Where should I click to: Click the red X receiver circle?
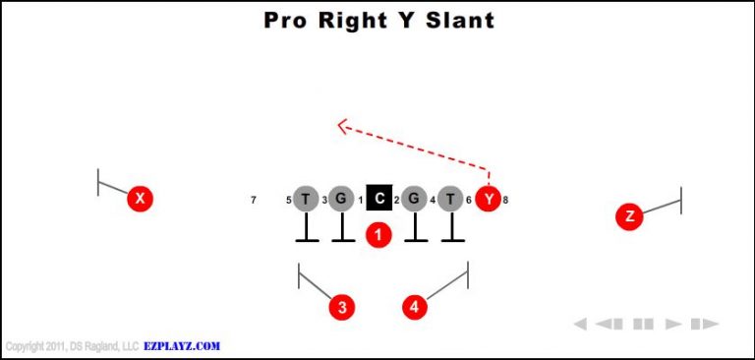tap(141, 199)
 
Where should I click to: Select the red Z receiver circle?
tap(629, 216)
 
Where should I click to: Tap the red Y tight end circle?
tap(489, 200)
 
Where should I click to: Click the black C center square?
tap(379, 199)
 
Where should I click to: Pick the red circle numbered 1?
tap(378, 234)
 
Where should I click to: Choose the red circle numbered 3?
tap(341, 307)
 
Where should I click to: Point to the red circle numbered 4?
tap(416, 307)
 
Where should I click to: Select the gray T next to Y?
tap(450, 200)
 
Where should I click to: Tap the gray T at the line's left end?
tap(306, 200)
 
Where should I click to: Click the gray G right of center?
tap(414, 200)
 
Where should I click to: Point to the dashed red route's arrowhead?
tap(342, 125)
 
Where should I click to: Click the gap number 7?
tap(254, 201)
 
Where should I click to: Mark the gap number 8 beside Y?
tap(505, 201)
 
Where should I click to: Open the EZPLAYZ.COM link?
tap(183, 346)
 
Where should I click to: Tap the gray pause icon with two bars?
tap(644, 324)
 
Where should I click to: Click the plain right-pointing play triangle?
tap(673, 324)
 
